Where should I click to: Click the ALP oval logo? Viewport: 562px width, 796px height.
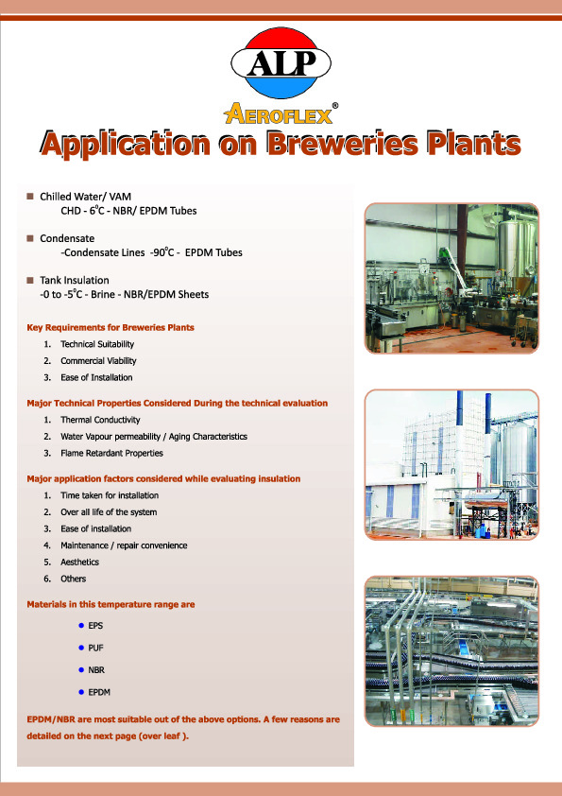coord(281,63)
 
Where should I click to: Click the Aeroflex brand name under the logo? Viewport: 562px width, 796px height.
coord(278,114)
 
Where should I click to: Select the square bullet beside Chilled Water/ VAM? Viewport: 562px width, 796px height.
coord(30,196)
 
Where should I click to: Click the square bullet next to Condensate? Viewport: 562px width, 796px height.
coord(30,238)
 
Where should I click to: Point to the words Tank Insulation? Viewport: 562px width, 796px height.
coord(75,280)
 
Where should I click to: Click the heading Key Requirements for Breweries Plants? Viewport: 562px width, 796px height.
coord(111,327)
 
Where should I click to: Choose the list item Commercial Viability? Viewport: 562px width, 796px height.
coord(98,361)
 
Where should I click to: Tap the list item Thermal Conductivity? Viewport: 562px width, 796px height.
coord(100,420)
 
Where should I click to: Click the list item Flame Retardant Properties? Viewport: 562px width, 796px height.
coord(111,454)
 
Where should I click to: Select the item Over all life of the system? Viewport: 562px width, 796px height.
coord(109,512)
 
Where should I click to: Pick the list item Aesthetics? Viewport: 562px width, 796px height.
coord(79,562)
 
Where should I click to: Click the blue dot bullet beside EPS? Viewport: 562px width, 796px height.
coord(81,626)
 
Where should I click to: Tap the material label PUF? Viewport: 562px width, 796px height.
coord(95,648)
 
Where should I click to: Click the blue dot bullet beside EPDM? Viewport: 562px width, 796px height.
coord(81,692)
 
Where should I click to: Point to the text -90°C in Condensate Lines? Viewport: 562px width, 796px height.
coord(162,252)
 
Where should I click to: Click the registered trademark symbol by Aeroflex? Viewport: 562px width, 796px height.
coord(334,106)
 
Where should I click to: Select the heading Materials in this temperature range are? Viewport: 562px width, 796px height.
coord(111,605)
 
